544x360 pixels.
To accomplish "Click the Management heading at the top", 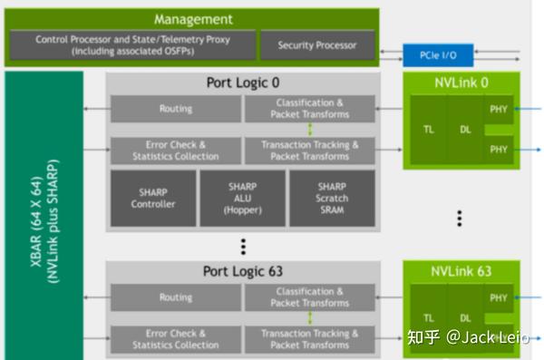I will tap(192, 19).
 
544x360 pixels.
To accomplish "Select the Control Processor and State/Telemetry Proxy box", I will tap(132, 45).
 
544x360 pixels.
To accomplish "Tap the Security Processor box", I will tap(316, 45).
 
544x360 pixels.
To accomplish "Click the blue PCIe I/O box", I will tap(437, 55).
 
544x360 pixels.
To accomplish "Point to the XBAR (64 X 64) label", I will tap(44, 218).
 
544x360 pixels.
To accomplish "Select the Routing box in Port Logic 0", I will tap(175, 109).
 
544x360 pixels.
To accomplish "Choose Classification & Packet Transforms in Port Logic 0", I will tap(309, 109).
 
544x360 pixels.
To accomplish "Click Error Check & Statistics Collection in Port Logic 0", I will tap(175, 151).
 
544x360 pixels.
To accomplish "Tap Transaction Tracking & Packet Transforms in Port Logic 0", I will tap(309, 151).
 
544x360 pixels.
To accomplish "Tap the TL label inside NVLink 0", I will tap(429, 130).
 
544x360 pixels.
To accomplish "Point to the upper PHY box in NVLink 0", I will tap(498, 111).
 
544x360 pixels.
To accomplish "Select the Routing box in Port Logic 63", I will tap(175, 297).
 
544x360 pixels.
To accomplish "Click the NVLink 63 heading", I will tap(461, 271).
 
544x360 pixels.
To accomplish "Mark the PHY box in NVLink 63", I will tap(498, 297).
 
